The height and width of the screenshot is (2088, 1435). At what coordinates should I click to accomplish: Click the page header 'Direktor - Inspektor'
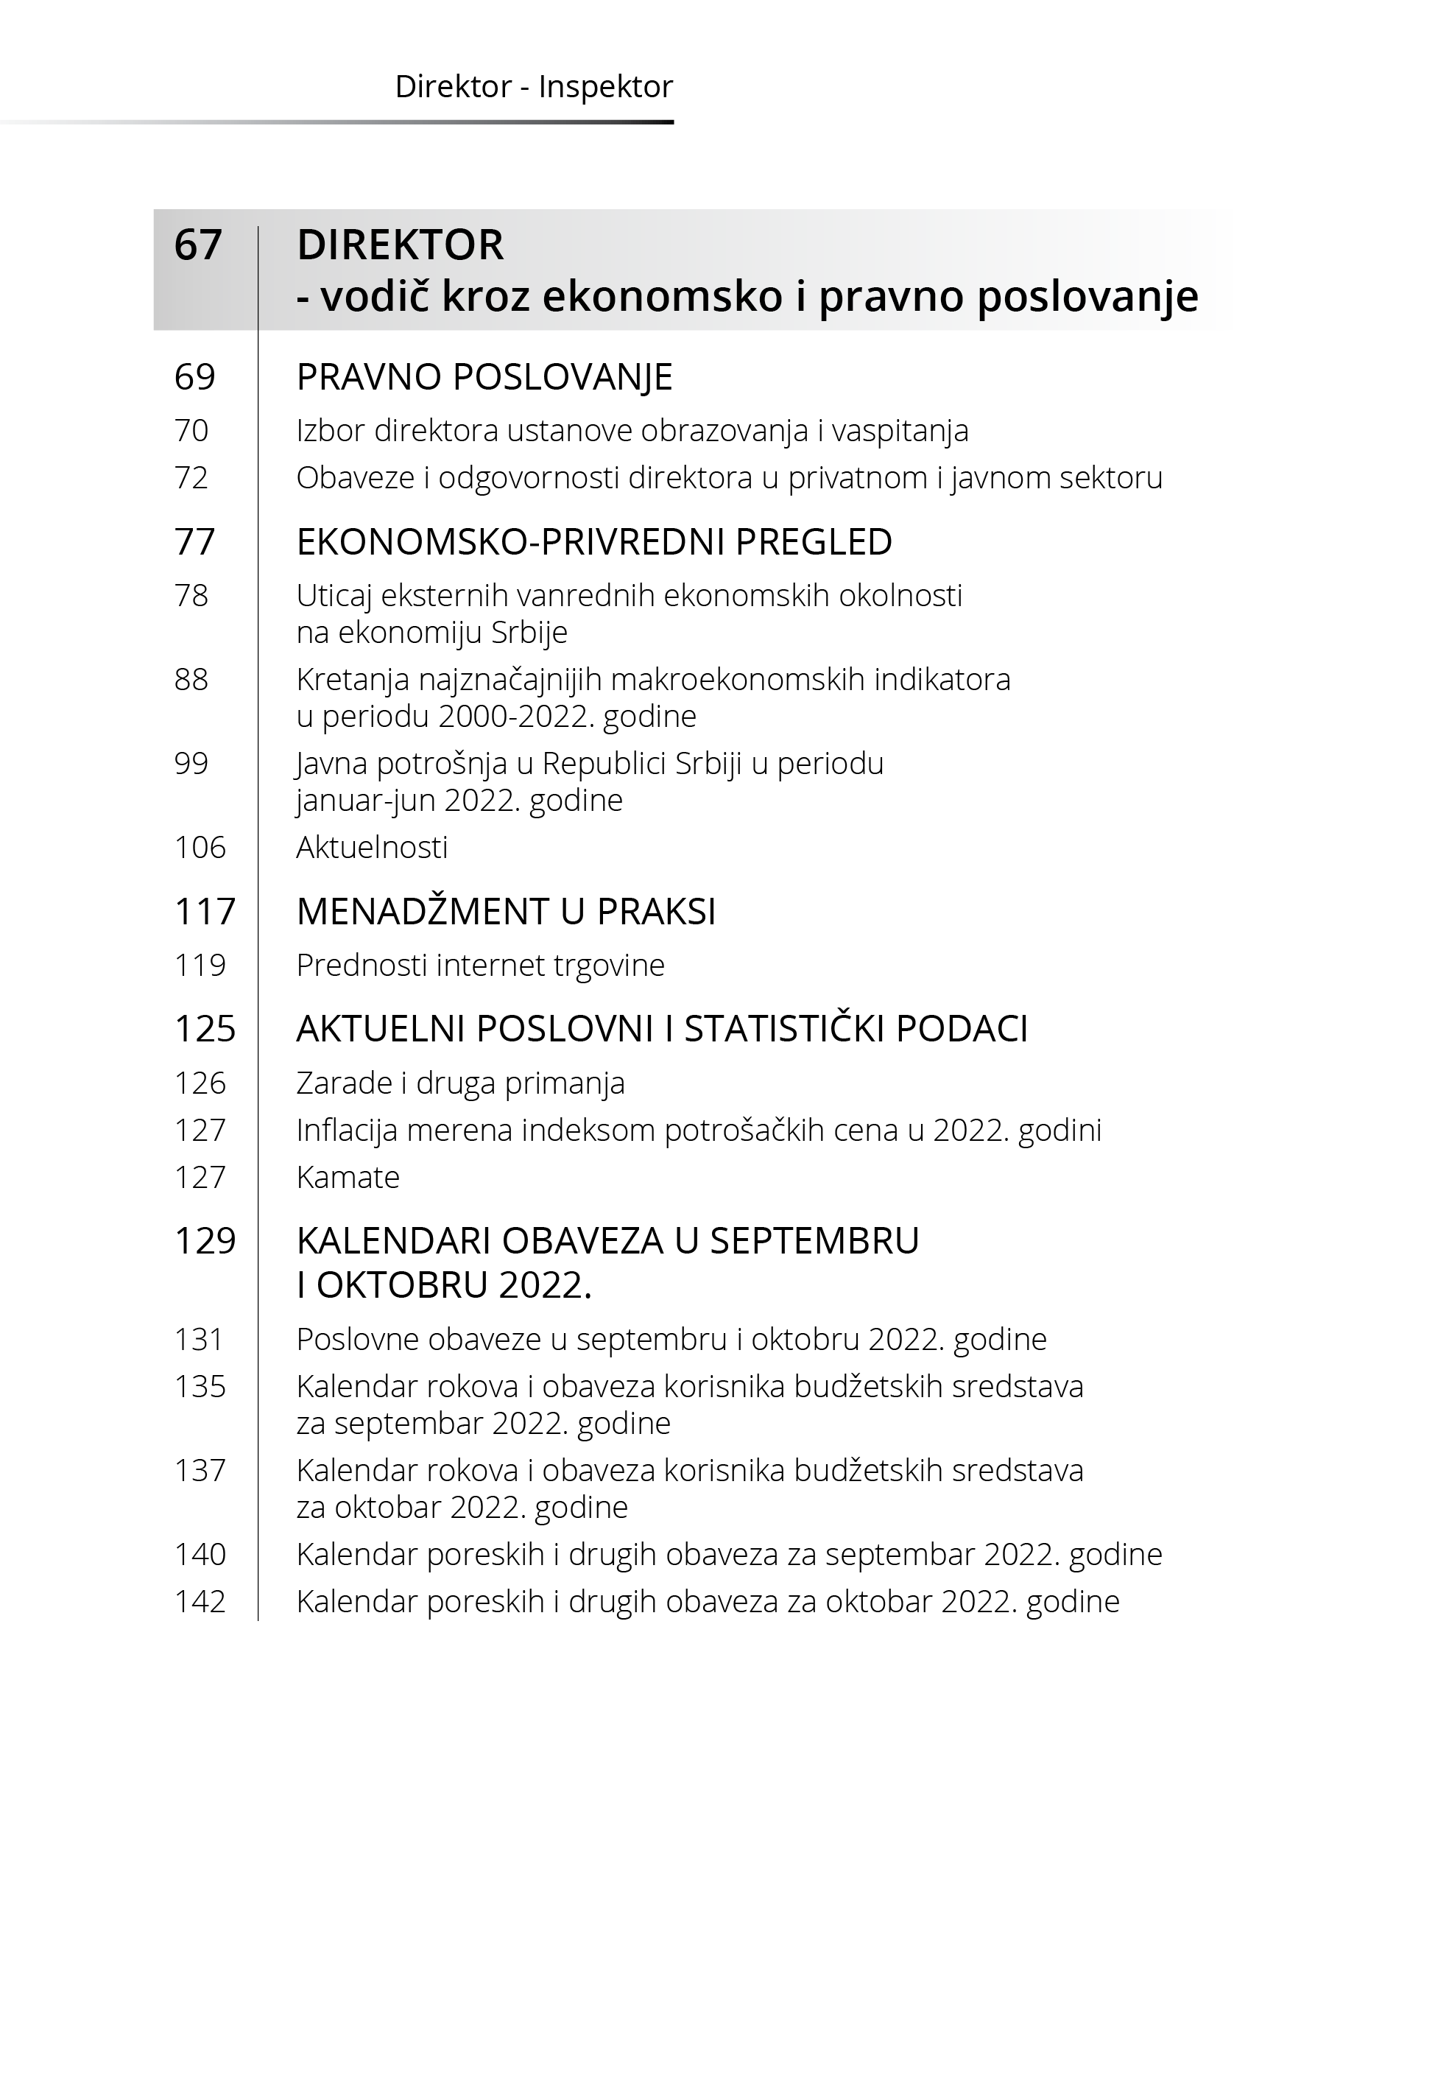pos(533,87)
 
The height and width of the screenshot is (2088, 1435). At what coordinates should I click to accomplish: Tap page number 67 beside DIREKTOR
pos(198,245)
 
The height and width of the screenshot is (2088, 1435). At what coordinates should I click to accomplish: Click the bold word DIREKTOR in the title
pos(400,245)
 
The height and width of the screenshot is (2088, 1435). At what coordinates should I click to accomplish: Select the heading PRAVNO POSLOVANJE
pos(484,377)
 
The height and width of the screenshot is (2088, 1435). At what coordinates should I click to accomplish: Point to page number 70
pos(191,431)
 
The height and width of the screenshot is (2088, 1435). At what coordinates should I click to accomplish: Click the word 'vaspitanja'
pos(899,431)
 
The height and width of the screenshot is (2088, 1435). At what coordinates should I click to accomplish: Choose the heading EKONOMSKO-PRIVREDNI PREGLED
pos(593,541)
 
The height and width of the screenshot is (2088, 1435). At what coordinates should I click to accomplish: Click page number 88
pos(191,679)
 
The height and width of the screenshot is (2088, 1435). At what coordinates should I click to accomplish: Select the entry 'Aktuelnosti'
pos(371,847)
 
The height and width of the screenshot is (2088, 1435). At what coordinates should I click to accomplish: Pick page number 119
pos(200,965)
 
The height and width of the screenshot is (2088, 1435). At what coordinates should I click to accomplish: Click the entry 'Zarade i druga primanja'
pos(460,1083)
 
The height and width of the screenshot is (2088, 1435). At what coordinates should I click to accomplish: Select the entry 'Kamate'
pos(348,1177)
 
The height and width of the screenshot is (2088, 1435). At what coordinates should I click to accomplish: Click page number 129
pos(204,1241)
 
